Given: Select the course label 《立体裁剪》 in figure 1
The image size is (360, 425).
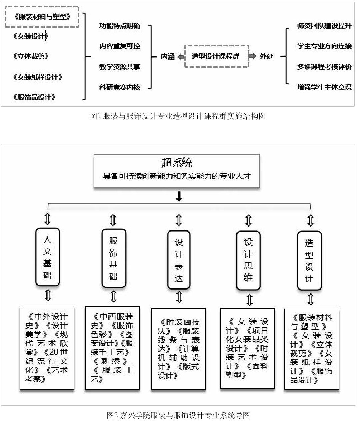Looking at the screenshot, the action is pos(31,56).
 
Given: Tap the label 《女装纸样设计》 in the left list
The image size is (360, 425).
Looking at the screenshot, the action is pos(38,77).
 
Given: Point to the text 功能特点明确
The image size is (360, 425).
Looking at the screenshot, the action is pos(120,26).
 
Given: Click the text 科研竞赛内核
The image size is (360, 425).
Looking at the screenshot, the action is pos(120,87).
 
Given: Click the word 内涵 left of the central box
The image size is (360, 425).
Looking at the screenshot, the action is pos(168,56).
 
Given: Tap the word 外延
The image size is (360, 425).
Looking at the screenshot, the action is pos(266,56).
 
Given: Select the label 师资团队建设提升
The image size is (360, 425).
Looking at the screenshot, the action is pos(324,26).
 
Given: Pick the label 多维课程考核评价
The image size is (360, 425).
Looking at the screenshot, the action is pos(324,67).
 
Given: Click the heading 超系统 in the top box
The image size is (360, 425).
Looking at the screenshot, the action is pos(177,162).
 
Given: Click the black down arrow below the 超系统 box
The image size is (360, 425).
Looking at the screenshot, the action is pos(179,196).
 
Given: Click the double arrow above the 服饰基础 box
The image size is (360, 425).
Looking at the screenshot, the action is pos(113,220).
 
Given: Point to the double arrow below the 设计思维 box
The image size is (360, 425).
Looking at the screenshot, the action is pos(249,300).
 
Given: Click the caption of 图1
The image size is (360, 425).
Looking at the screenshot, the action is pos(178,116).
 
